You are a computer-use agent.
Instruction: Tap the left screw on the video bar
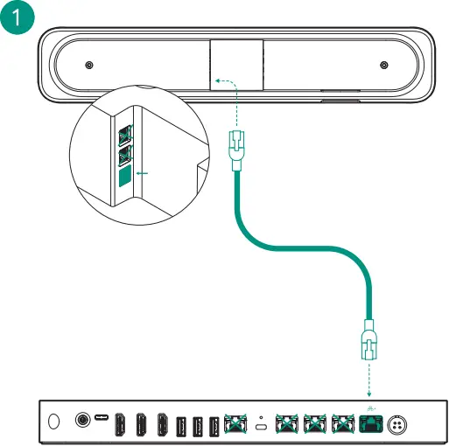pyautogui.click(x=88, y=66)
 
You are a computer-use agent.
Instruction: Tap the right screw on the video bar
pyautogui.click(x=383, y=66)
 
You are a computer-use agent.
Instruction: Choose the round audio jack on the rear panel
pyautogui.click(x=85, y=422)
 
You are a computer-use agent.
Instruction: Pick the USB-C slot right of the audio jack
pyautogui.click(x=103, y=422)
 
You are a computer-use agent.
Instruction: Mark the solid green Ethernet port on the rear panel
pyautogui.click(x=369, y=425)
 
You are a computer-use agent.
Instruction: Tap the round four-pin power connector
pyautogui.click(x=398, y=423)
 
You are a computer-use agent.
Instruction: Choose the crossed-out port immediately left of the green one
pyautogui.click(x=341, y=425)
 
